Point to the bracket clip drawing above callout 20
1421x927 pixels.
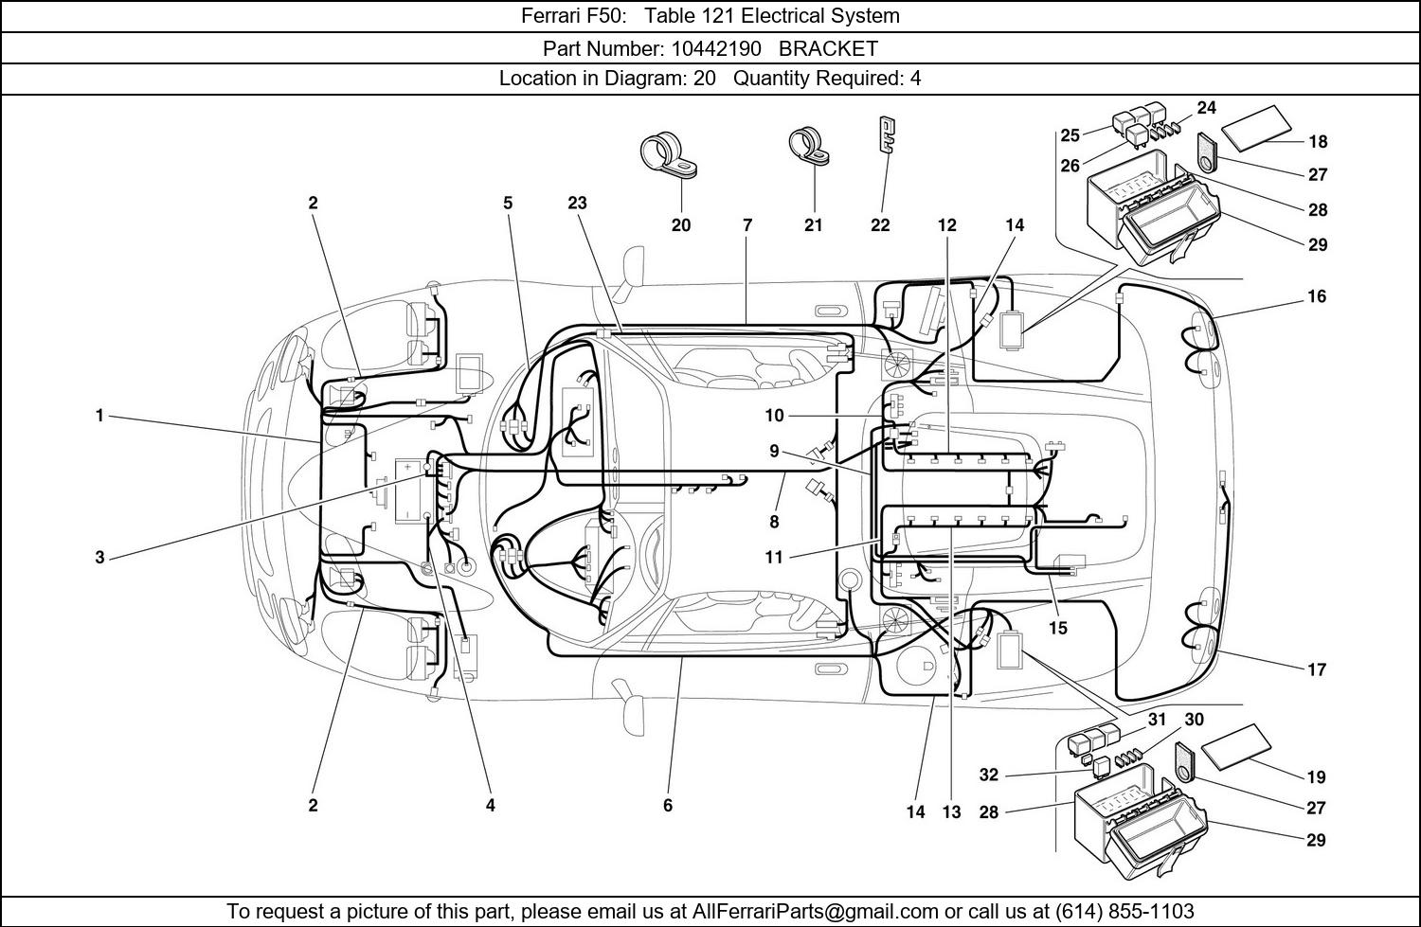point(667,157)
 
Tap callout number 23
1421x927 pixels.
point(577,203)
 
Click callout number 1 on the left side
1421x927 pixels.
point(99,416)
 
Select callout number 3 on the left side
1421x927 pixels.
point(99,558)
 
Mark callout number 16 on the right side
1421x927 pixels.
point(1316,296)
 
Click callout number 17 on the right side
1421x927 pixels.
point(1316,669)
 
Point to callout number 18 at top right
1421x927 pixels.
point(1318,142)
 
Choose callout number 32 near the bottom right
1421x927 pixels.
point(988,775)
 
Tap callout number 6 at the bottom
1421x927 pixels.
point(668,805)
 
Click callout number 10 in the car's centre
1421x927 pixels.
point(775,416)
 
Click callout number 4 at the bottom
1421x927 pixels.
point(490,805)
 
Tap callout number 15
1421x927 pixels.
point(1058,628)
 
